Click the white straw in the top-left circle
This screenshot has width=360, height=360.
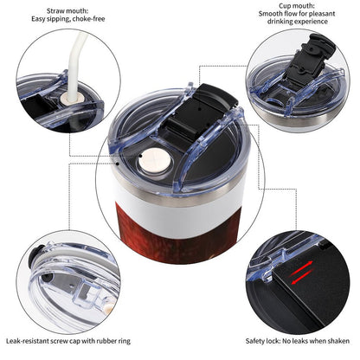tap(76, 63)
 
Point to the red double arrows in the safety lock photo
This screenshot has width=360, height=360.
tap(302, 273)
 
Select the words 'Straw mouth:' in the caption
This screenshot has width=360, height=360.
tap(67, 11)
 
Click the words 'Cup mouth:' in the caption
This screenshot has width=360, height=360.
tap(297, 6)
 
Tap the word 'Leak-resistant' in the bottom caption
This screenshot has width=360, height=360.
tap(28, 341)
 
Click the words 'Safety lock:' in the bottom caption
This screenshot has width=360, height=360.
tap(263, 341)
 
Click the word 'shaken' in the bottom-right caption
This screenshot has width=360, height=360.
tap(338, 341)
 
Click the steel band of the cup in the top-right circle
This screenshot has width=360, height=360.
tap(300, 119)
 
